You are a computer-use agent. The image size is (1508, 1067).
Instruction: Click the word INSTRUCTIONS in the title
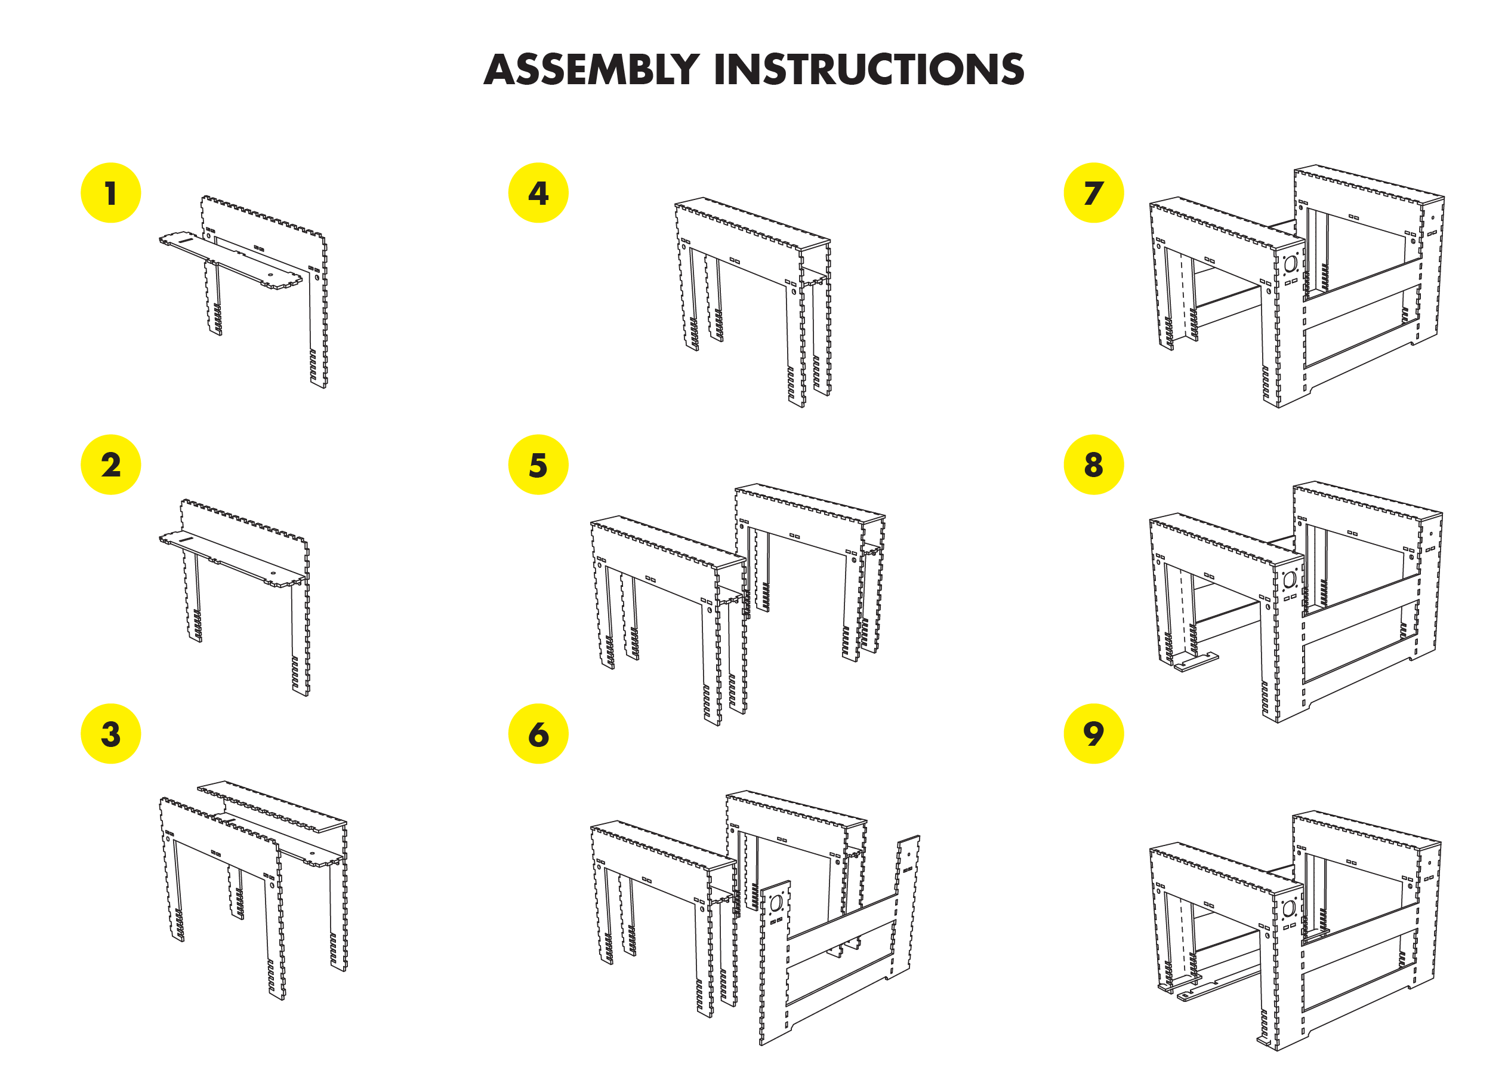(x=868, y=70)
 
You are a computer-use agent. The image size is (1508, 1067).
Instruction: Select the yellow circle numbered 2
(x=110, y=465)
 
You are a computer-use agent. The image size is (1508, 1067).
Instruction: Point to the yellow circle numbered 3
(x=110, y=733)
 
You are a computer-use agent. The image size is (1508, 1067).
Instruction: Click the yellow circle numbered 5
(x=538, y=465)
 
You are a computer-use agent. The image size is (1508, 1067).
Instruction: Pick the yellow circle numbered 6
(x=538, y=733)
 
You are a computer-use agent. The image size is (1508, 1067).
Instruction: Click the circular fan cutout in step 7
(x=1290, y=264)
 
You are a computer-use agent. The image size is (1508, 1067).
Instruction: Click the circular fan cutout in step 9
(x=1289, y=908)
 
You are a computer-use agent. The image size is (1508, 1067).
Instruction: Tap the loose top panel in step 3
(x=273, y=807)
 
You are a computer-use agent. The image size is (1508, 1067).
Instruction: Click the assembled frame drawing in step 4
(x=752, y=296)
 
